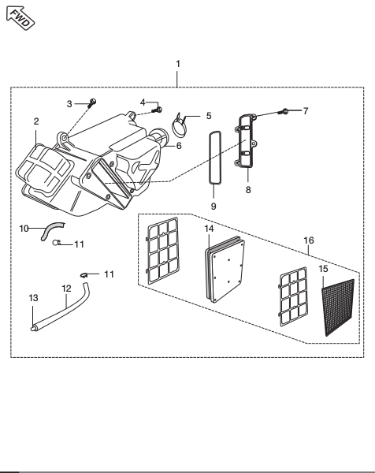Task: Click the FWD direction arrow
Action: coord(20,18)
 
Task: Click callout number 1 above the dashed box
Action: coord(178,64)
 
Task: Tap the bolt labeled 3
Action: coord(92,103)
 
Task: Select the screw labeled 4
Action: coord(158,110)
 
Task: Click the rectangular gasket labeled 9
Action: coord(215,158)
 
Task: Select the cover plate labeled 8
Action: coord(247,141)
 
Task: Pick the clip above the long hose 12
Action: coord(84,275)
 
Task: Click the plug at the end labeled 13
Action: coord(33,329)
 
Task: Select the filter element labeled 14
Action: coord(225,269)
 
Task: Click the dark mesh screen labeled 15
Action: coord(338,307)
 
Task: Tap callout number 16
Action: coord(309,240)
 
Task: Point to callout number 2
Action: coord(36,121)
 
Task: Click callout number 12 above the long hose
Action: coord(66,289)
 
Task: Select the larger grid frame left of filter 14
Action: coord(163,251)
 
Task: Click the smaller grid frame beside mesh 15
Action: coord(294,296)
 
